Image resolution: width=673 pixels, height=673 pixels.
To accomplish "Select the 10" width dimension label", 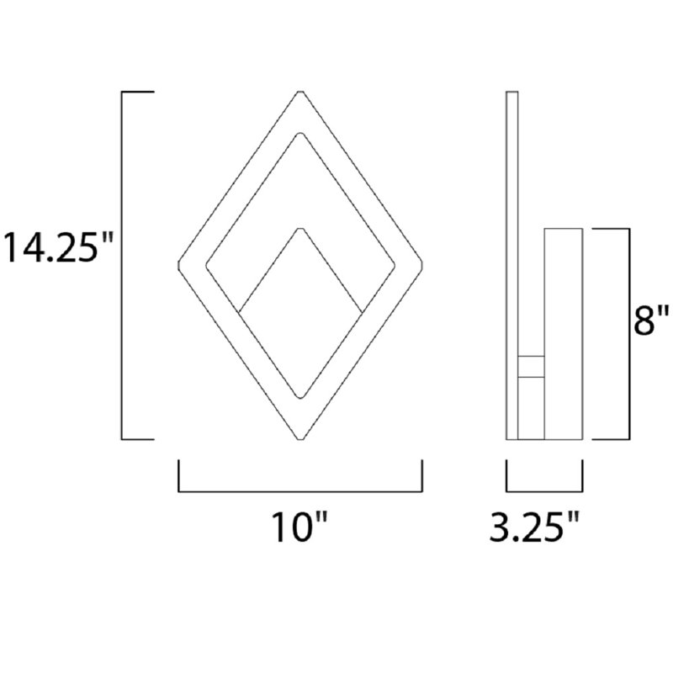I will (299, 528).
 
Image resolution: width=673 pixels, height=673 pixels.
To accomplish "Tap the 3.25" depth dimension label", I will (536, 528).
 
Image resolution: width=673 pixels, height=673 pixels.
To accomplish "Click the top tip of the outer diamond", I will (299, 92).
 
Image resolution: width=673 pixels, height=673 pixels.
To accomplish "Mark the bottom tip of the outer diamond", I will (299, 439).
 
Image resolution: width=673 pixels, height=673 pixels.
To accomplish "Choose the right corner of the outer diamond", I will (421, 265).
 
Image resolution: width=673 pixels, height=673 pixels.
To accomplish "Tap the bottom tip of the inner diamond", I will (299, 398).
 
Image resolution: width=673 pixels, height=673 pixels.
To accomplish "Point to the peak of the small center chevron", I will (299, 227).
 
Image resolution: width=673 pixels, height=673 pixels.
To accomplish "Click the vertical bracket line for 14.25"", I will (124, 265).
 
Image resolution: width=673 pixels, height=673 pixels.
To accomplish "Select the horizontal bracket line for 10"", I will (299, 491).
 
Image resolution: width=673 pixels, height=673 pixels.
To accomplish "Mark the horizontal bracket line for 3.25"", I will (544, 491).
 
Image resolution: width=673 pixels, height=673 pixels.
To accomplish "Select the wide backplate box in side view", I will (564, 333).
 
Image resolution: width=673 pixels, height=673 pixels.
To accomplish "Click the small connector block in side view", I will (531, 366).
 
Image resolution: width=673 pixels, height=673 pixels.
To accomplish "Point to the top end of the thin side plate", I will (511, 93).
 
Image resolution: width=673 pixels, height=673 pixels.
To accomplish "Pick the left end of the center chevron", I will (240, 312).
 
